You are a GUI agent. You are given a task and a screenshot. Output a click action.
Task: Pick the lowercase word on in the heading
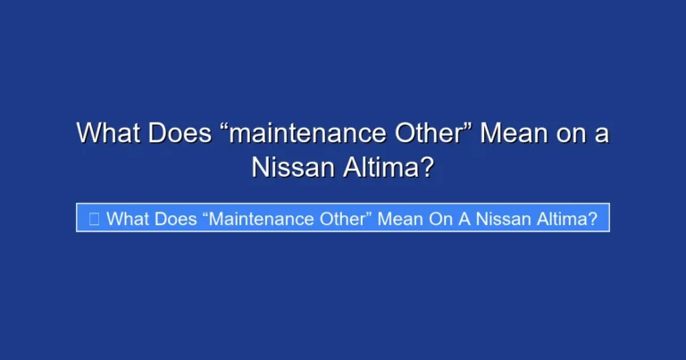click(572, 135)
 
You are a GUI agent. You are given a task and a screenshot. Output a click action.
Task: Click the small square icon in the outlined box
click(94, 219)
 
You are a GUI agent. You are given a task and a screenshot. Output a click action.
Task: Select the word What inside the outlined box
click(126, 219)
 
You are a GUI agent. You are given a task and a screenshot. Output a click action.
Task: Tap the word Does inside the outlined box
click(176, 219)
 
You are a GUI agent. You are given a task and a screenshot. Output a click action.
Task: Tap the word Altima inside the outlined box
click(559, 219)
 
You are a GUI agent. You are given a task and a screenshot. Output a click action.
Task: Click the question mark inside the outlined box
click(592, 219)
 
